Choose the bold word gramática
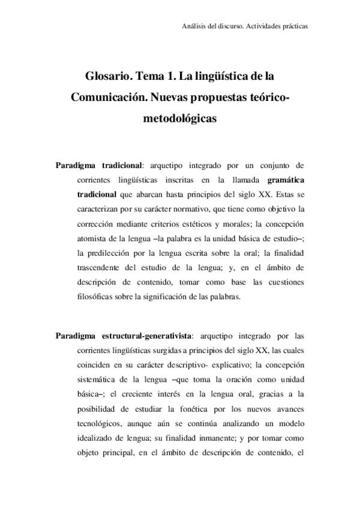tap(286, 179)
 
